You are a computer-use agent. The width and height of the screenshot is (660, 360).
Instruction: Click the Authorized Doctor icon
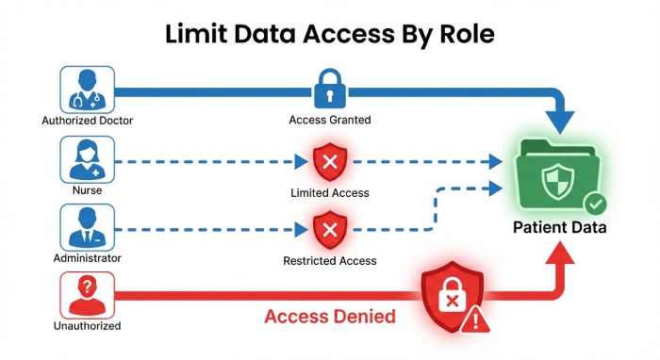click(x=86, y=90)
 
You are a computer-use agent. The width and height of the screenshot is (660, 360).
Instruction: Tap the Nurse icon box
click(x=86, y=160)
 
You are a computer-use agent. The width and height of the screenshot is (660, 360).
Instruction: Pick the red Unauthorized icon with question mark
click(x=86, y=296)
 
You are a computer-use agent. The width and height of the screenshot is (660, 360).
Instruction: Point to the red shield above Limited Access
click(x=329, y=163)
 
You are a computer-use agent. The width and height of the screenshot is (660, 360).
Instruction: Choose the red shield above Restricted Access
click(x=329, y=229)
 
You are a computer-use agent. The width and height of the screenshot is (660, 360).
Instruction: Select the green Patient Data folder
click(x=558, y=177)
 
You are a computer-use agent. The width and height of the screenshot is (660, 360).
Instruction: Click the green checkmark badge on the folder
click(x=595, y=204)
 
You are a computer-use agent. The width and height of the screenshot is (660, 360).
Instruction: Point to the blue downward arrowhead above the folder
click(x=562, y=120)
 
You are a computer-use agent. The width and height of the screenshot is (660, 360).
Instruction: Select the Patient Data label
click(x=559, y=228)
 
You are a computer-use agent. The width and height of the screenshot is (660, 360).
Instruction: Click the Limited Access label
click(x=329, y=193)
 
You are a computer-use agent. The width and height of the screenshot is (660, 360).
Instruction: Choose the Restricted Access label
click(x=329, y=261)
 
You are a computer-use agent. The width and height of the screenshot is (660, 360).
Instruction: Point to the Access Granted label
click(x=329, y=121)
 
